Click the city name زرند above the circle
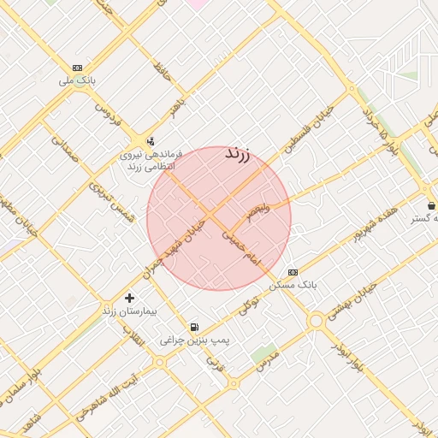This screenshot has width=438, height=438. tap(237, 155)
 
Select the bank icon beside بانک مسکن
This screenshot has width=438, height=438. tap(293, 271)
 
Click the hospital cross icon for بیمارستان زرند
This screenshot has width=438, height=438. tap(129, 298)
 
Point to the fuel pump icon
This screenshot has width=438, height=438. tap(195, 327)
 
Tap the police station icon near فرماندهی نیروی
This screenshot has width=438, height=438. tap(151, 142)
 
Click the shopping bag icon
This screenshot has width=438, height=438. tap(431, 205)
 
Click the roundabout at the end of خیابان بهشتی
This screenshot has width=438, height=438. tap(317, 321)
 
